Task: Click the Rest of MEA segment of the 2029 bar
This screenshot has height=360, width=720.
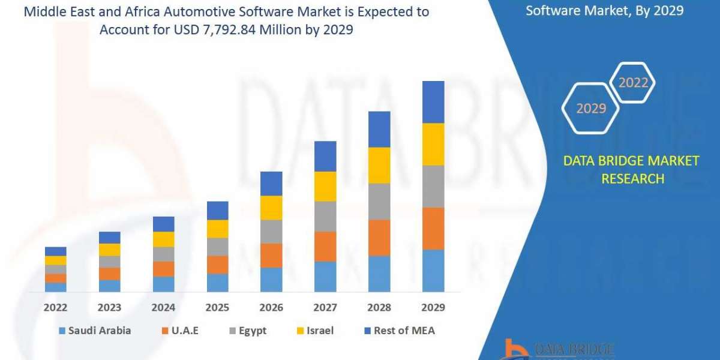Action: click(x=433, y=102)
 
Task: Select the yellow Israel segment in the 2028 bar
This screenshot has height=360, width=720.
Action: click(x=379, y=165)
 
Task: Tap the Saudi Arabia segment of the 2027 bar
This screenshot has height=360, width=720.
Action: click(x=325, y=277)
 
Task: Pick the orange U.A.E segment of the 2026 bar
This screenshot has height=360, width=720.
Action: click(x=271, y=256)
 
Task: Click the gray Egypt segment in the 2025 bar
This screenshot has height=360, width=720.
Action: click(x=217, y=247)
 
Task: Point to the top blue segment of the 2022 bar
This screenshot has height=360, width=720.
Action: click(x=56, y=251)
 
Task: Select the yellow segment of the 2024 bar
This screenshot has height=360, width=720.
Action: click(x=163, y=239)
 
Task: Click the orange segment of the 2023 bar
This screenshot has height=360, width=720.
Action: click(x=109, y=274)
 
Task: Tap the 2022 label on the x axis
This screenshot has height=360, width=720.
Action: click(x=55, y=307)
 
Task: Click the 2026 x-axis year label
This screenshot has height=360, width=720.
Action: click(x=271, y=307)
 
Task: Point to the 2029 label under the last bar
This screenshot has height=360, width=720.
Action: click(x=433, y=307)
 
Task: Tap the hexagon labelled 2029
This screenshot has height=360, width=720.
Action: click(x=590, y=109)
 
